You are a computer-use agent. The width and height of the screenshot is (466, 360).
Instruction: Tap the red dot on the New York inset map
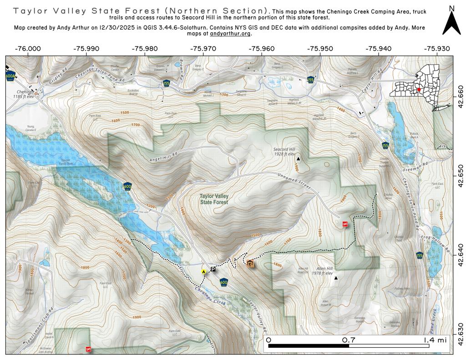tap(419, 90)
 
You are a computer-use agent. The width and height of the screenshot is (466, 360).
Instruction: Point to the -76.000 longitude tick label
tap(28, 49)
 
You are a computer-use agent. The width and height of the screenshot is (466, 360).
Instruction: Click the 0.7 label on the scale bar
tap(349, 340)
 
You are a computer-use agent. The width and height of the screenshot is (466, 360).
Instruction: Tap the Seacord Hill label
tap(284, 152)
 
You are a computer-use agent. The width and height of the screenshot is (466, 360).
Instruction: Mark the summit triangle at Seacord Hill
tap(299, 159)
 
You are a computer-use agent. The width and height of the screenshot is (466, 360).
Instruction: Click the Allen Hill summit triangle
tap(336, 278)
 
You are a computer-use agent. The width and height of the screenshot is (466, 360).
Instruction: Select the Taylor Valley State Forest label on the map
tap(213, 199)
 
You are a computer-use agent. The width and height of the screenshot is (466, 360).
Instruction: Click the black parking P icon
tap(213, 269)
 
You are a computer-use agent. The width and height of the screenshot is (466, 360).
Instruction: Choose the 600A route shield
tap(10, 76)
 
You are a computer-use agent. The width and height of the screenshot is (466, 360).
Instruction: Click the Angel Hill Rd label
tap(162, 157)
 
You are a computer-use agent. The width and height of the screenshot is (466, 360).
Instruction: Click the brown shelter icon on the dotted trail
tap(250, 263)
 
